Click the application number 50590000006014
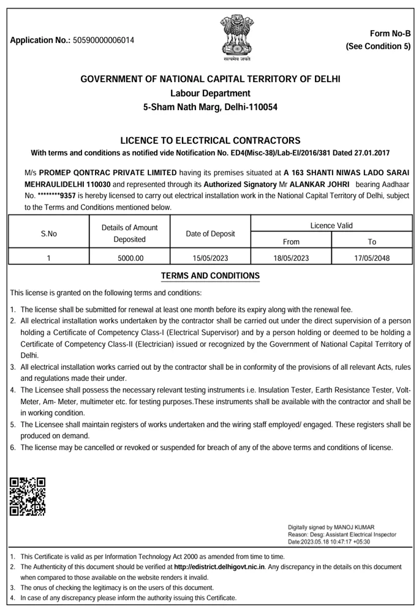tap(103, 40)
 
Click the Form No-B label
tap(390, 34)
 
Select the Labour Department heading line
tap(210, 93)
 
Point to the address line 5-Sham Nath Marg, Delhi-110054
tap(210, 107)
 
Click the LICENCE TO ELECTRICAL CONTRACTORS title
tap(210, 140)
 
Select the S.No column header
tap(49, 233)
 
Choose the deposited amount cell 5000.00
tap(130, 258)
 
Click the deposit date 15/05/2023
tap(210, 258)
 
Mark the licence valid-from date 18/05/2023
tap(291, 258)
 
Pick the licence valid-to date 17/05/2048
tap(372, 258)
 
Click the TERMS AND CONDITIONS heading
tap(210, 276)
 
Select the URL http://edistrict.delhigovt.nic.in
tap(219, 568)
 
